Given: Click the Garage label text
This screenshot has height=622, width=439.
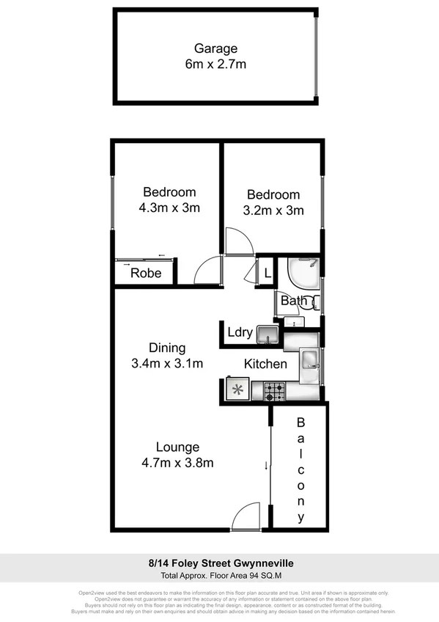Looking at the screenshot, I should pyautogui.click(x=215, y=48).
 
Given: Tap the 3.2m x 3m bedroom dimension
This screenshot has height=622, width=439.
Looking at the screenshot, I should pyautogui.click(x=274, y=210).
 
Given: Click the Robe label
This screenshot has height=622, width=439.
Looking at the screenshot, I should pyautogui.click(x=146, y=274).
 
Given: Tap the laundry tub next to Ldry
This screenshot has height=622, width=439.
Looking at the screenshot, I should pyautogui.click(x=268, y=336).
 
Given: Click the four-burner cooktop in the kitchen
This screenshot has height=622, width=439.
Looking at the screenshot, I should pyautogui.click(x=275, y=391).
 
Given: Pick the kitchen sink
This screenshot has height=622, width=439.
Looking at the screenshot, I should pyautogui.click(x=310, y=359).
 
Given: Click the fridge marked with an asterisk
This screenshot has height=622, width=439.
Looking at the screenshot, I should pyautogui.click(x=237, y=390).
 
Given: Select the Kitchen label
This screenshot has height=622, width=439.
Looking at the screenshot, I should pyautogui.click(x=265, y=364).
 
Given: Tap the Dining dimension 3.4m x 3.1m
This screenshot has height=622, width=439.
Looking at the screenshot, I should pyautogui.click(x=168, y=363).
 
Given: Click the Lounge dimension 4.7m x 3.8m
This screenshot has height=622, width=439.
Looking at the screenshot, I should pyautogui.click(x=177, y=462).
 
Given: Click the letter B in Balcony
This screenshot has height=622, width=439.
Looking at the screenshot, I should pyautogui.click(x=300, y=423).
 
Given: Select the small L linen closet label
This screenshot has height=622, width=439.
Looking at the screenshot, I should pyautogui.click(x=268, y=273).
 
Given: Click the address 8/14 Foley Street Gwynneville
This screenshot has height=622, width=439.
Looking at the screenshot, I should pyautogui.click(x=219, y=563).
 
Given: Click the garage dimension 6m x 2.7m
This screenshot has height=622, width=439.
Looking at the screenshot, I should pyautogui.click(x=215, y=64).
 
